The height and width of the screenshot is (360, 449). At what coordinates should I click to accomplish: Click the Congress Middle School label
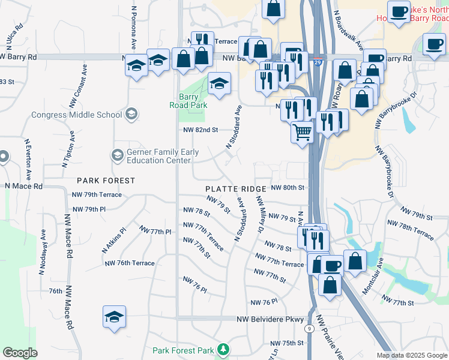(76, 115)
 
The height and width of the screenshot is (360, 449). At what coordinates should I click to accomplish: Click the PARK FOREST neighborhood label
(105, 180)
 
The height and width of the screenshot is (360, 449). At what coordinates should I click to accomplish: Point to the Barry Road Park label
(193, 101)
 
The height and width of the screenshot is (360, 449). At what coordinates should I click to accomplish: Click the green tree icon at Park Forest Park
(223, 349)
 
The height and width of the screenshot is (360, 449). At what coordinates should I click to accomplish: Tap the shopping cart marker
(303, 131)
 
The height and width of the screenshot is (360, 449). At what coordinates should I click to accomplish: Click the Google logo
(20, 353)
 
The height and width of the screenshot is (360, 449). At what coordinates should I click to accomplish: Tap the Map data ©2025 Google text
(412, 355)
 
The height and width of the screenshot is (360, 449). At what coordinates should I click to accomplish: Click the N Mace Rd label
(24, 186)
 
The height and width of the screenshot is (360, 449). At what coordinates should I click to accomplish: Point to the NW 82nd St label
(200, 130)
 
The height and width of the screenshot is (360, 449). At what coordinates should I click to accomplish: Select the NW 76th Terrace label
(129, 263)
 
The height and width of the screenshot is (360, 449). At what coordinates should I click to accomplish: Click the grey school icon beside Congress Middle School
(131, 114)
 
